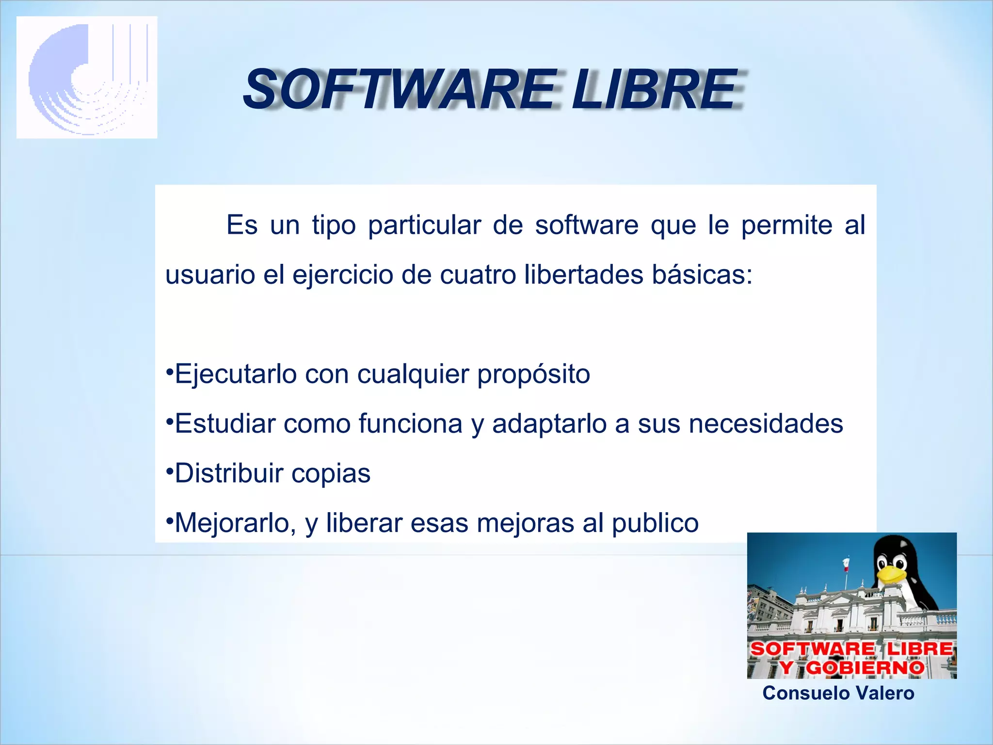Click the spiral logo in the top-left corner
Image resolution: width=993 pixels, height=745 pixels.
[87, 78]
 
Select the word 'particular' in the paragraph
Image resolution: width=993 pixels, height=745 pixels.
[424, 226]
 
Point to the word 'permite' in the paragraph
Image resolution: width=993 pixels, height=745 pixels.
[786, 226]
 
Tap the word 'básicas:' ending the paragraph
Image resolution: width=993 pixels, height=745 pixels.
[702, 275]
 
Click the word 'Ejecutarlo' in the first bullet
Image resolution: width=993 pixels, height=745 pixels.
[236, 374]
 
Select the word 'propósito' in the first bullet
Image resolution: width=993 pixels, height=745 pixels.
[533, 374]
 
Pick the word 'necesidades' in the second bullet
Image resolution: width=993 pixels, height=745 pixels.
[766, 423]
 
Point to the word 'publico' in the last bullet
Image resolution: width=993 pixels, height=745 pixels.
[655, 523]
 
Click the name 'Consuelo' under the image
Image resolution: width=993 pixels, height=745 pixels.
[800, 693]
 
